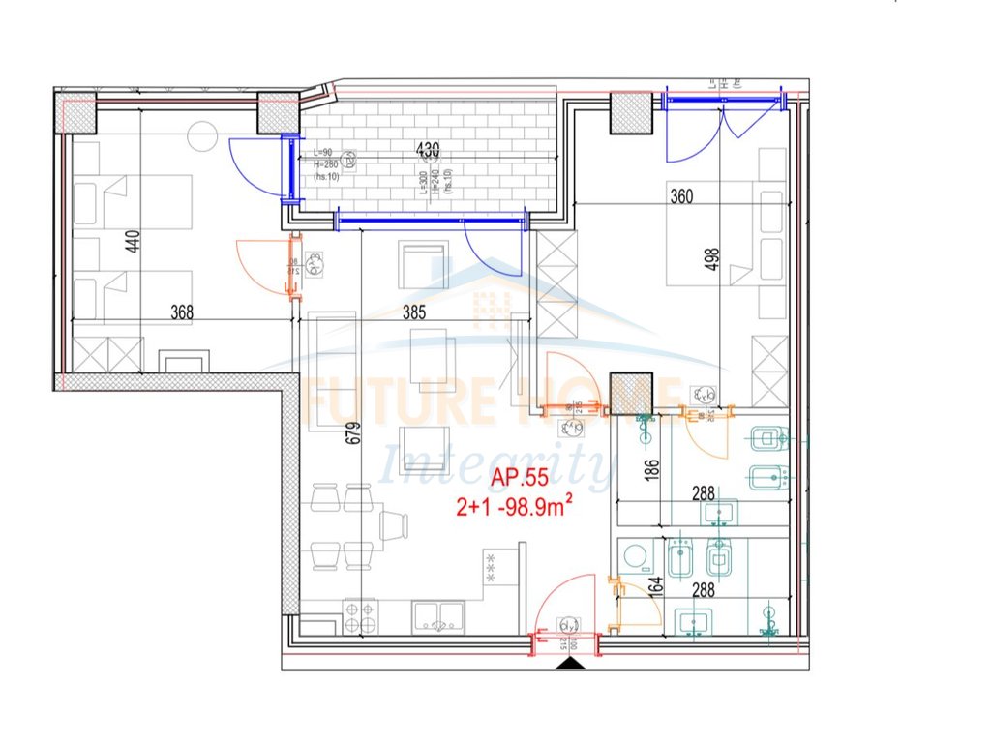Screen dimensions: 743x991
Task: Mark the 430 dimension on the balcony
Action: (x=427, y=150)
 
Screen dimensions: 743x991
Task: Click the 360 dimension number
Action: (x=682, y=196)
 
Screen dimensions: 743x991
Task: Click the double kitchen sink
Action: (x=438, y=616)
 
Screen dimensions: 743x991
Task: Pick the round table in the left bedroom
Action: (x=202, y=135)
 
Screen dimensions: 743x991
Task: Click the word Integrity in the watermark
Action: (x=496, y=466)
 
